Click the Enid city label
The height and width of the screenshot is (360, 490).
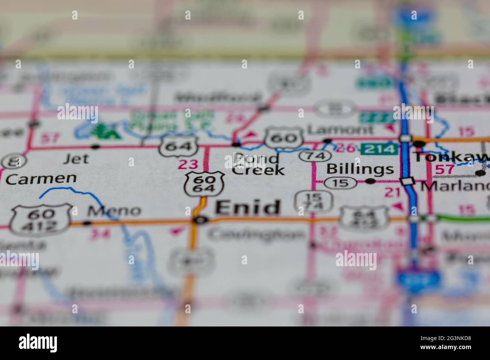click(x=248, y=208)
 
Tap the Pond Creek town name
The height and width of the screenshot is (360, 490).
click(x=258, y=164)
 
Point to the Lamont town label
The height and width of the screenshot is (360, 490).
click(x=340, y=130)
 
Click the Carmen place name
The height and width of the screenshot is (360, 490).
click(x=41, y=179)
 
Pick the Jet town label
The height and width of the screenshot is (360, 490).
click(x=76, y=159)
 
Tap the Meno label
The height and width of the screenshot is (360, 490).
click(x=114, y=211)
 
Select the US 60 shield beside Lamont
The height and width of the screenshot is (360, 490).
click(x=284, y=138)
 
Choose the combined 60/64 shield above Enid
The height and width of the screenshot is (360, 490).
click(x=204, y=184)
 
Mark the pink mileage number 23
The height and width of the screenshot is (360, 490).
click(x=188, y=165)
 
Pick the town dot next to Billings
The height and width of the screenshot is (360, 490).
click(x=371, y=181)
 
